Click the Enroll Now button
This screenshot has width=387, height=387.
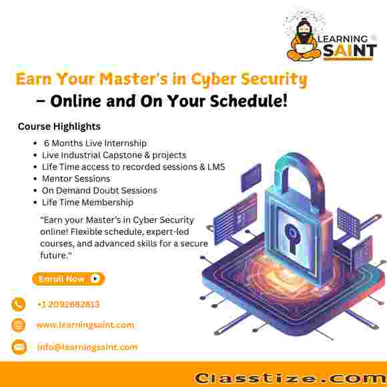click(68, 279)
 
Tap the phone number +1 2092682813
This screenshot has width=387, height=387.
click(68, 304)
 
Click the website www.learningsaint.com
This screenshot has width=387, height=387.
click(85, 325)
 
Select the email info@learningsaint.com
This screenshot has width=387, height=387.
click(87, 347)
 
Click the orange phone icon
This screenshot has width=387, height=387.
click(19, 304)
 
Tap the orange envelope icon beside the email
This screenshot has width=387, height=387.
click(19, 347)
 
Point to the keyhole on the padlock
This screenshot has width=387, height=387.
click(292, 238)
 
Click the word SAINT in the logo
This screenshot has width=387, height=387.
click(350, 51)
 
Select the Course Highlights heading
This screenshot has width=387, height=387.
click(59, 126)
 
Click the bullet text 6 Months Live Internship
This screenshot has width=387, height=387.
click(95, 143)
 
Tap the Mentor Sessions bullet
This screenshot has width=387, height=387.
click(76, 178)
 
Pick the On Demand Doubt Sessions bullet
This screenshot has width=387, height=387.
click(99, 190)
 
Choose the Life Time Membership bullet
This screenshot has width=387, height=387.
click(87, 202)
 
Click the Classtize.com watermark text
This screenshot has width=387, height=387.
click(290, 378)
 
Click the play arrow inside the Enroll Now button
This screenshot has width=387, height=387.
click(95, 279)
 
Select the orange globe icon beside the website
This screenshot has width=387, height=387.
click(19, 325)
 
